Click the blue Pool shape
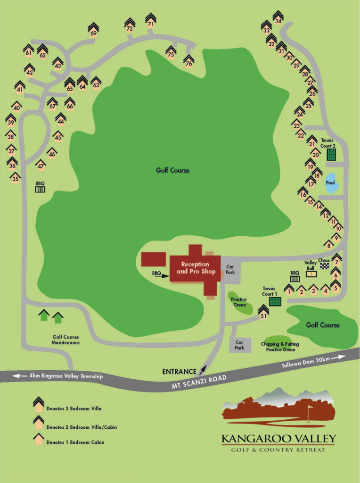pos(332,183)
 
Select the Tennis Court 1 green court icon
pos(275,301)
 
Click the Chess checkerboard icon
pos(325,266)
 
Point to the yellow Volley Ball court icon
pos(311,274)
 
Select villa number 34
pos(278,18)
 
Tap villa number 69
pos(93,30)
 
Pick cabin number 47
pos(41,166)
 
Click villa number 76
pos(188,61)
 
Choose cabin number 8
pos(328,244)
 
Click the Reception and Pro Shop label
pos(195,268)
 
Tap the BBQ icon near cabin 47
pos(40,189)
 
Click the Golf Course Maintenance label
pos(65,340)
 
